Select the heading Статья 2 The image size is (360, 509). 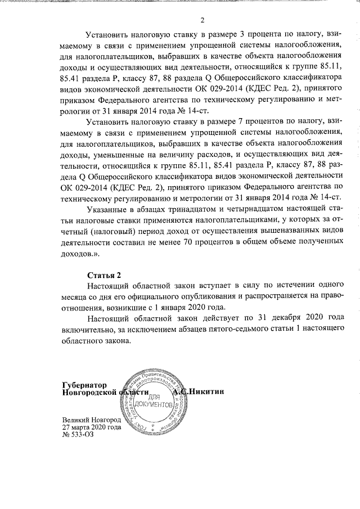click(x=104, y=276)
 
